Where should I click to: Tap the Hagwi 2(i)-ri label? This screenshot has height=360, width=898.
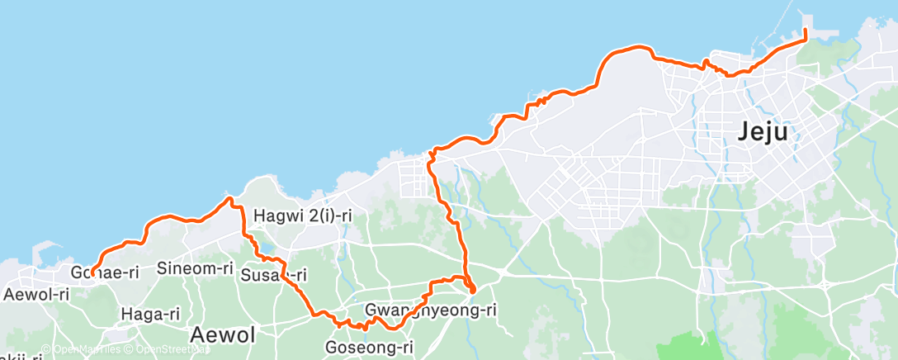point(303,216)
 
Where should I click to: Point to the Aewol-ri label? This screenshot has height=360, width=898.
point(36,294)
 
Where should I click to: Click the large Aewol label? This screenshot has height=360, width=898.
point(223,334)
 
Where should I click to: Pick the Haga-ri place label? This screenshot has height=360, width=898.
point(150,314)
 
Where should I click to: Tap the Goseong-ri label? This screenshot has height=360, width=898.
point(369,348)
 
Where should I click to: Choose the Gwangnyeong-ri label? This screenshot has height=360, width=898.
point(430,310)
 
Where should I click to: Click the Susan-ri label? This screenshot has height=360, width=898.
point(274,275)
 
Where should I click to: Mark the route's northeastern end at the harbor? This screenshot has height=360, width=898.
point(806,31)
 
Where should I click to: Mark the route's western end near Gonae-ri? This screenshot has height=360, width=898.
point(92,273)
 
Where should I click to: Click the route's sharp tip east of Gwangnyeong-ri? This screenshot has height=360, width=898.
point(472,291)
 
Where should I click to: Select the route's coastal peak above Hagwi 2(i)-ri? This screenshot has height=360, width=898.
point(229,198)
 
